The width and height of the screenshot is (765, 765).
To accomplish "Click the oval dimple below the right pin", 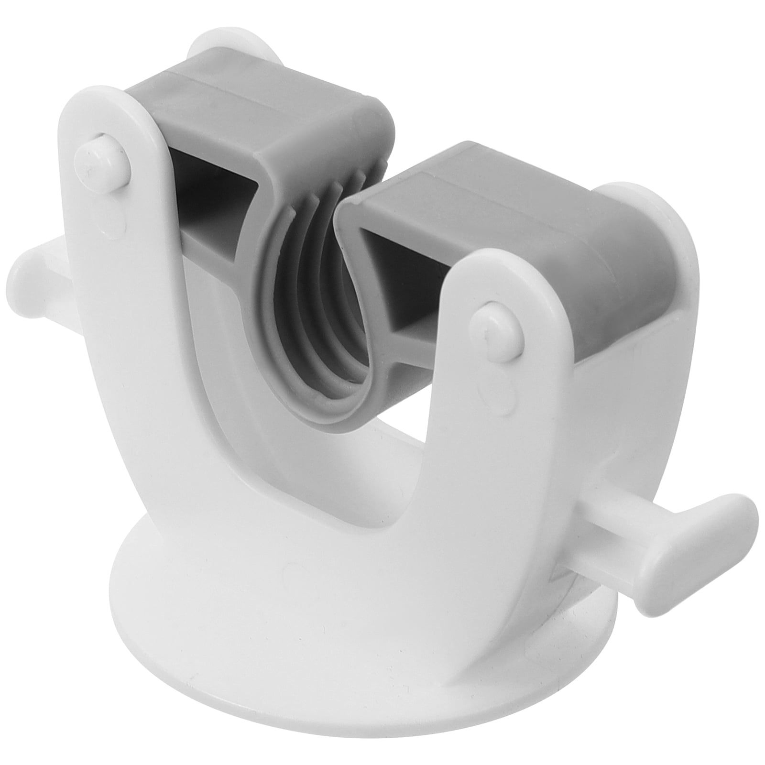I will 509,382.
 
